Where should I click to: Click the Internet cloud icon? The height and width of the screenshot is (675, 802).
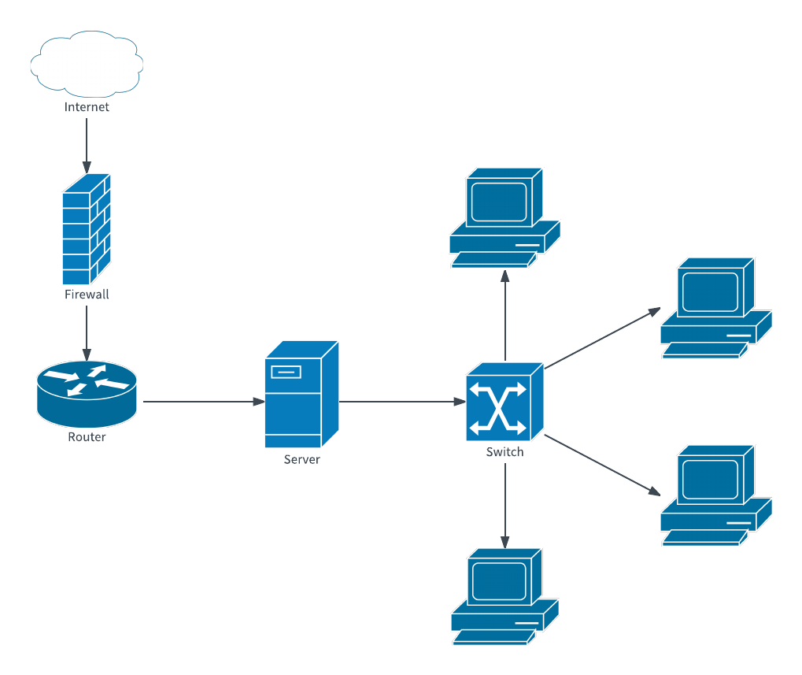(x=87, y=64)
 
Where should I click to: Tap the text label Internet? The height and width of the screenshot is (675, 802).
(x=87, y=107)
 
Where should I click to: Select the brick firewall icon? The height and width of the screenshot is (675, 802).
(x=87, y=229)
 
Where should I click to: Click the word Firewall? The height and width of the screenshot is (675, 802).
(x=87, y=295)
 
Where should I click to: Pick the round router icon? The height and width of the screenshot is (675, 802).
(x=87, y=390)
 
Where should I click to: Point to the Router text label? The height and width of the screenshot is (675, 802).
(x=87, y=437)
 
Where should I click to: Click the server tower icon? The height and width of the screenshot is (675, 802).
(x=301, y=394)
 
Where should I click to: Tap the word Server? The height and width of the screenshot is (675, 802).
(x=301, y=459)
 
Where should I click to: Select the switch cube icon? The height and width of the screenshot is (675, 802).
(x=504, y=402)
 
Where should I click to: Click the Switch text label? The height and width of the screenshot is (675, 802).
(x=504, y=452)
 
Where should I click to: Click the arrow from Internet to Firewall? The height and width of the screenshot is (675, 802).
(x=87, y=145)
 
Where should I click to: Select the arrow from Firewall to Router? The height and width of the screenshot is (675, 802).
(x=87, y=331)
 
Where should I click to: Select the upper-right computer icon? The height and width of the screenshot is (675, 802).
(x=715, y=307)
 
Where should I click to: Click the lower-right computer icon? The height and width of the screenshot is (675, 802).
(x=715, y=495)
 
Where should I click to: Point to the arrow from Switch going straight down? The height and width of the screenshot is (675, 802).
(x=504, y=504)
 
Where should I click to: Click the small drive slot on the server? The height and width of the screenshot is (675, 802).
(x=284, y=371)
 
